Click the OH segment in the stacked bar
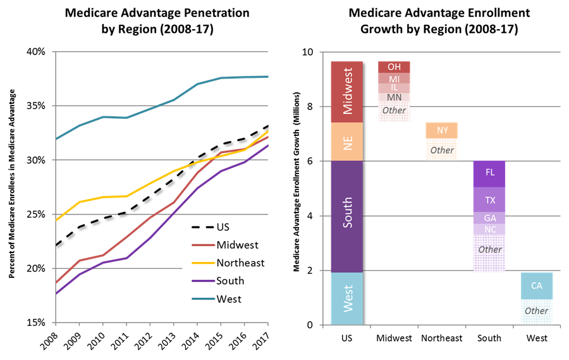(394, 67)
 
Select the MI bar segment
(394, 78)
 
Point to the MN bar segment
(394, 97)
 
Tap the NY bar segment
(442, 130)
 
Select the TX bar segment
(489, 200)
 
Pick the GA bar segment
(489, 218)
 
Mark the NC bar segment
(489, 230)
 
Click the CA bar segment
(537, 286)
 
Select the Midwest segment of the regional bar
(347, 92)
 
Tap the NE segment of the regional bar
(347, 142)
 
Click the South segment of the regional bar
(347, 216)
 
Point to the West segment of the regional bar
(347, 298)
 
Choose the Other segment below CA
(537, 311)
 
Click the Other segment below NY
(442, 150)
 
